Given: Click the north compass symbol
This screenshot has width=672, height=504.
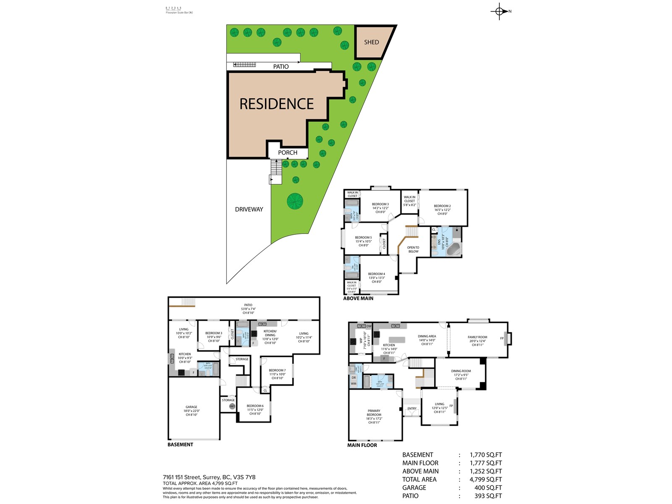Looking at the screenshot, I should pos(499,11).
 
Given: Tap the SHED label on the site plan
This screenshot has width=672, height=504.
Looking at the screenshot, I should pos(371,42).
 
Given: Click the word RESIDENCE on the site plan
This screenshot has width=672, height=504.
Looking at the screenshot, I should pos(276,104).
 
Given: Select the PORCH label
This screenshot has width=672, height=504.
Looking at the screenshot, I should pos(288,152).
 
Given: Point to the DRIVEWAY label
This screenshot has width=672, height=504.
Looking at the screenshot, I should pos(249,209).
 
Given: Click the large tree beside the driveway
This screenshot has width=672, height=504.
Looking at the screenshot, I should pos(295,201).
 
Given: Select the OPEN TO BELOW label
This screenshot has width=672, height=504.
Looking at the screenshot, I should pos(413,249).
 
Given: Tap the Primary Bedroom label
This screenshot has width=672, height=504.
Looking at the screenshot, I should pos(374,415).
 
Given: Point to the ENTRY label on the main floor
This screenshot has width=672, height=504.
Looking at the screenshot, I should pos(412,408).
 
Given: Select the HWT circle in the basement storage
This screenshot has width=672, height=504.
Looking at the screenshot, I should pos(232,406).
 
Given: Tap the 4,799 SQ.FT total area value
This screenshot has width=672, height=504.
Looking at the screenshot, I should pos(486,479).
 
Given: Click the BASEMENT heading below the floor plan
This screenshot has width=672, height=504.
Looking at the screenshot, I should pos(180,444).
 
